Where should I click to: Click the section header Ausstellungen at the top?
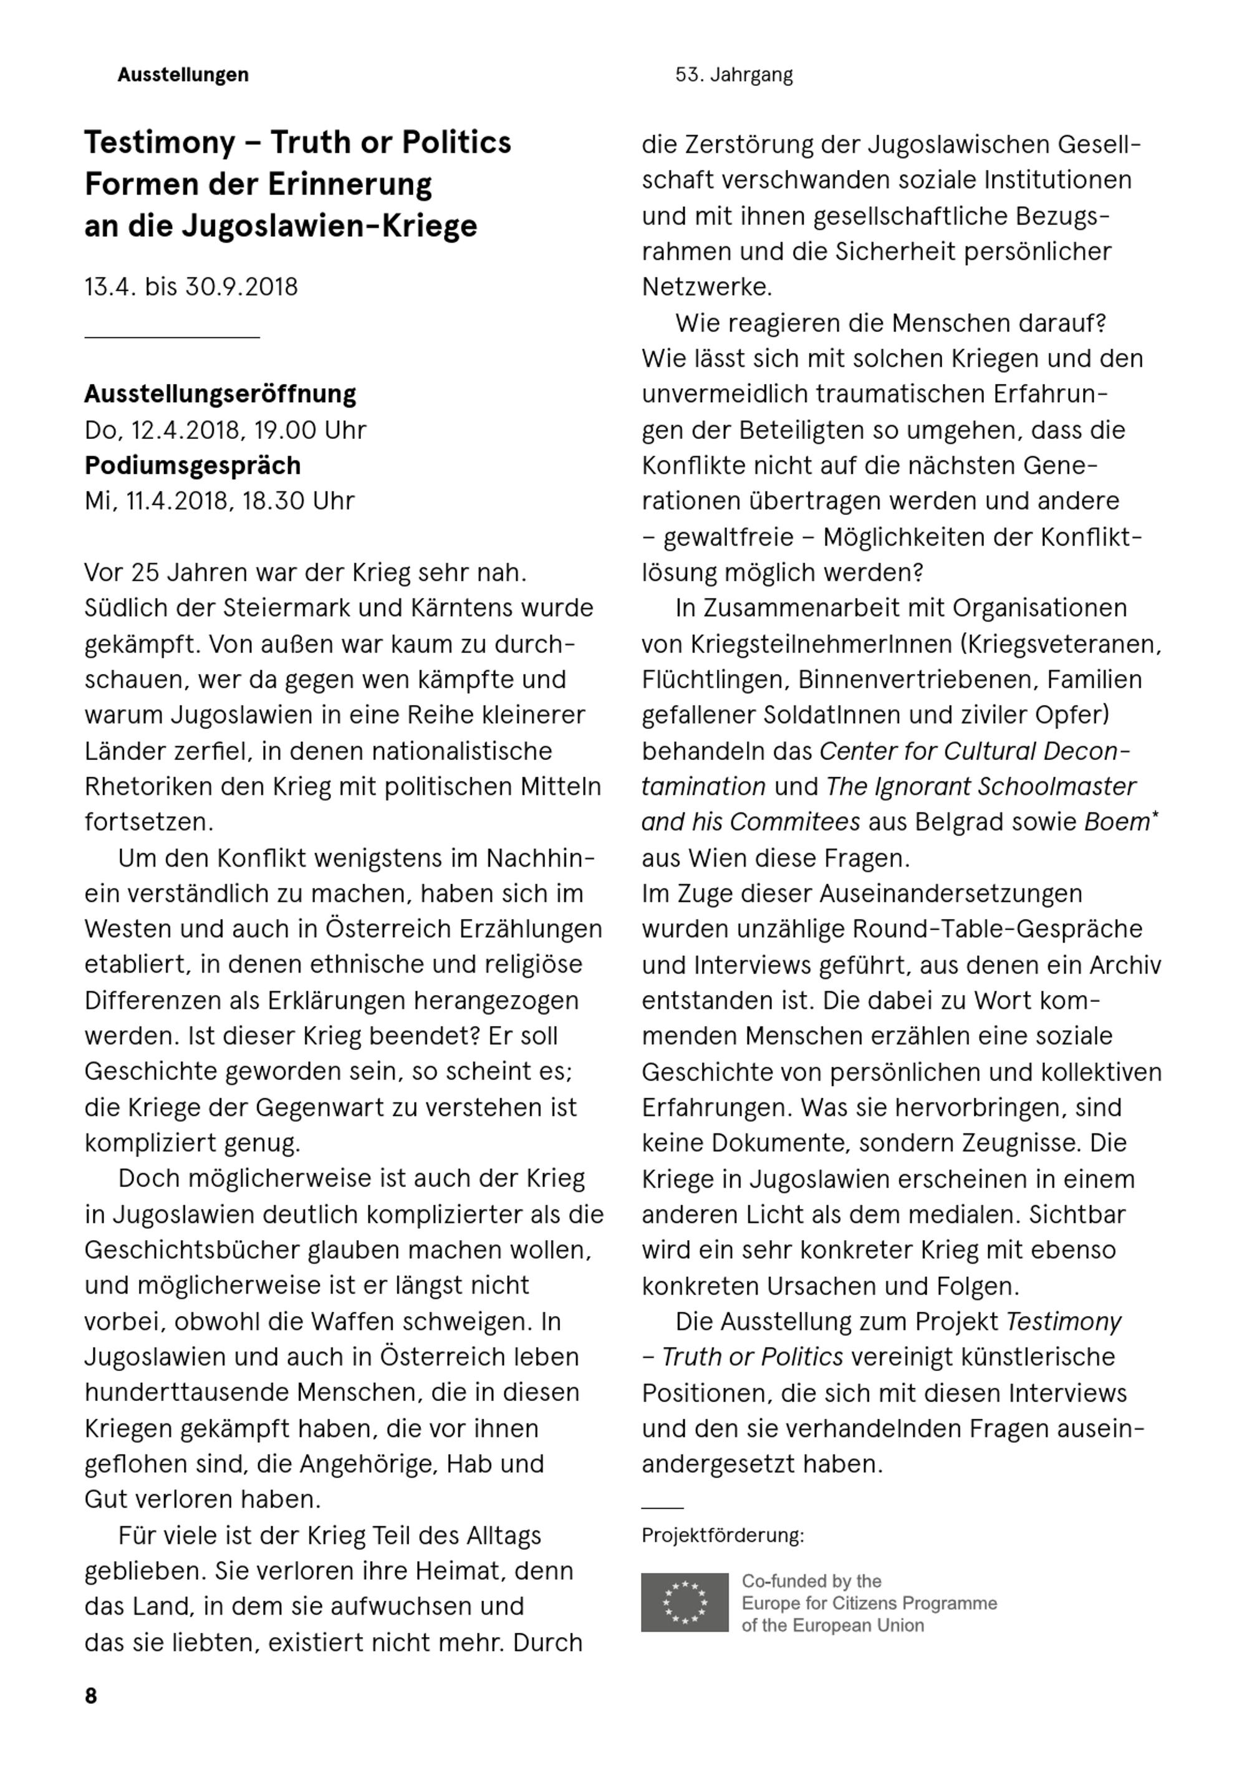[x=183, y=75]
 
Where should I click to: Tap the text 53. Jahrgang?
[x=733, y=75]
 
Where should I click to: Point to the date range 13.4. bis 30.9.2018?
[x=191, y=287]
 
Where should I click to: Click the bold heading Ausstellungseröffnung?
[x=220, y=394]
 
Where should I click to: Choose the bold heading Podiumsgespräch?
[x=192, y=466]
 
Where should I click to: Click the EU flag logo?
[x=684, y=1602]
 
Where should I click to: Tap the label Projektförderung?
[x=723, y=1535]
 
